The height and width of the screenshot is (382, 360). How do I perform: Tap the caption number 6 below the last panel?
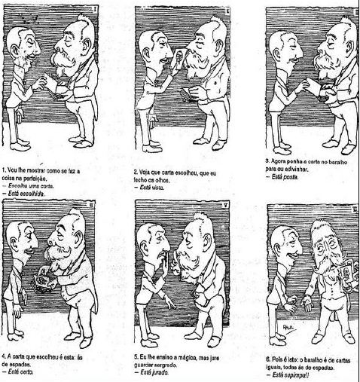click(268, 357)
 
